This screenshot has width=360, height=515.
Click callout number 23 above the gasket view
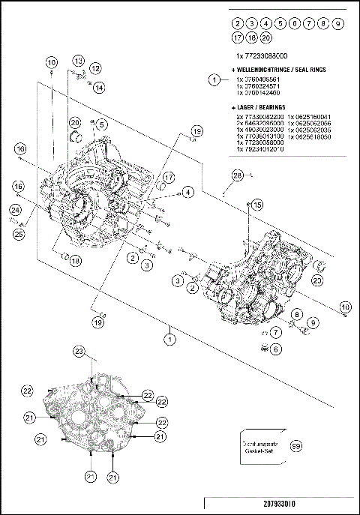pos(79,352)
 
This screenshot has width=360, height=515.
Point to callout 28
pos(237,176)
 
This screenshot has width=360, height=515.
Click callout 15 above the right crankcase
pos(256,205)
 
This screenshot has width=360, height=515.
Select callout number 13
pos(79,60)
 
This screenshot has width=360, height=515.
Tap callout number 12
pos(95,68)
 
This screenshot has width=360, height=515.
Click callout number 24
pos(15,211)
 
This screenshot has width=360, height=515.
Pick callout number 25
pos(18,234)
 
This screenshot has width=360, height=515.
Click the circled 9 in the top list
pos(338,24)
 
